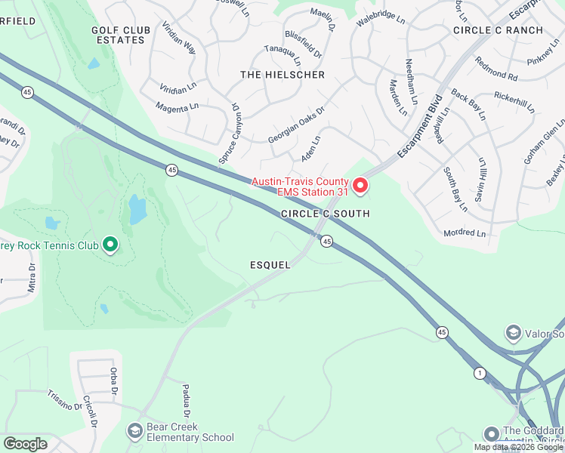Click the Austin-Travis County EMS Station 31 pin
360,185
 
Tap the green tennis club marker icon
110,244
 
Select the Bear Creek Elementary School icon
135,431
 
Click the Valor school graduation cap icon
514,334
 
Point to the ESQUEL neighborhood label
270,265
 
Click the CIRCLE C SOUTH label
326,214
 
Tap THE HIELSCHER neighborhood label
282,75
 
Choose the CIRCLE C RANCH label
498,30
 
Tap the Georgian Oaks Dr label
295,125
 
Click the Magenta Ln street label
177,108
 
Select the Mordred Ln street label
465,233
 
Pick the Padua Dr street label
186,400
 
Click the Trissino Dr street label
64,400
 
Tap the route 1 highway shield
479,373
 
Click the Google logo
25,443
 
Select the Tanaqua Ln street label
282,54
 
